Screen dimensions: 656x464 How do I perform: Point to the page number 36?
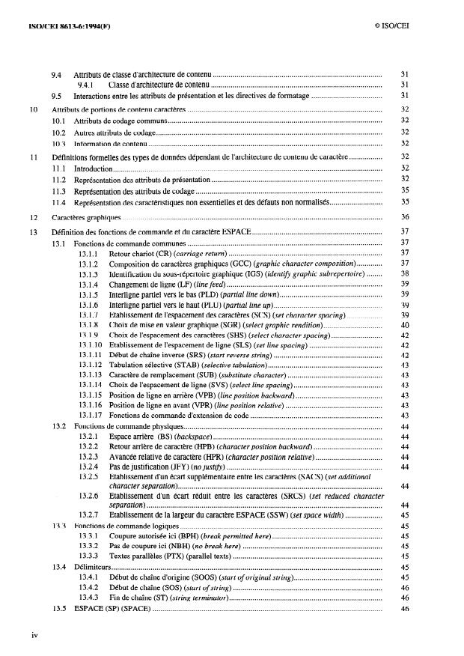coord(404,216)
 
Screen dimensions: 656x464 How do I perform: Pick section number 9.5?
coord(57,96)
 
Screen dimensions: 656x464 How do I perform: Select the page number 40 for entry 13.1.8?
coord(404,327)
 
